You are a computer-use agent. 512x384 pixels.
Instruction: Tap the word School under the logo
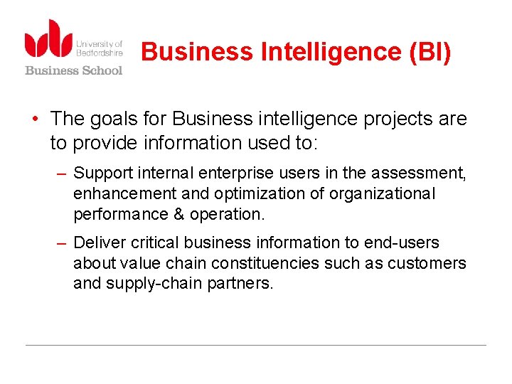coord(99,70)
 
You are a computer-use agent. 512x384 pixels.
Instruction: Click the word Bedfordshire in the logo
coord(100,53)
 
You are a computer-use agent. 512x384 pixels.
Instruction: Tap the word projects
coord(398,119)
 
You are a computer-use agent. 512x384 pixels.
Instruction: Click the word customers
coord(427,264)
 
